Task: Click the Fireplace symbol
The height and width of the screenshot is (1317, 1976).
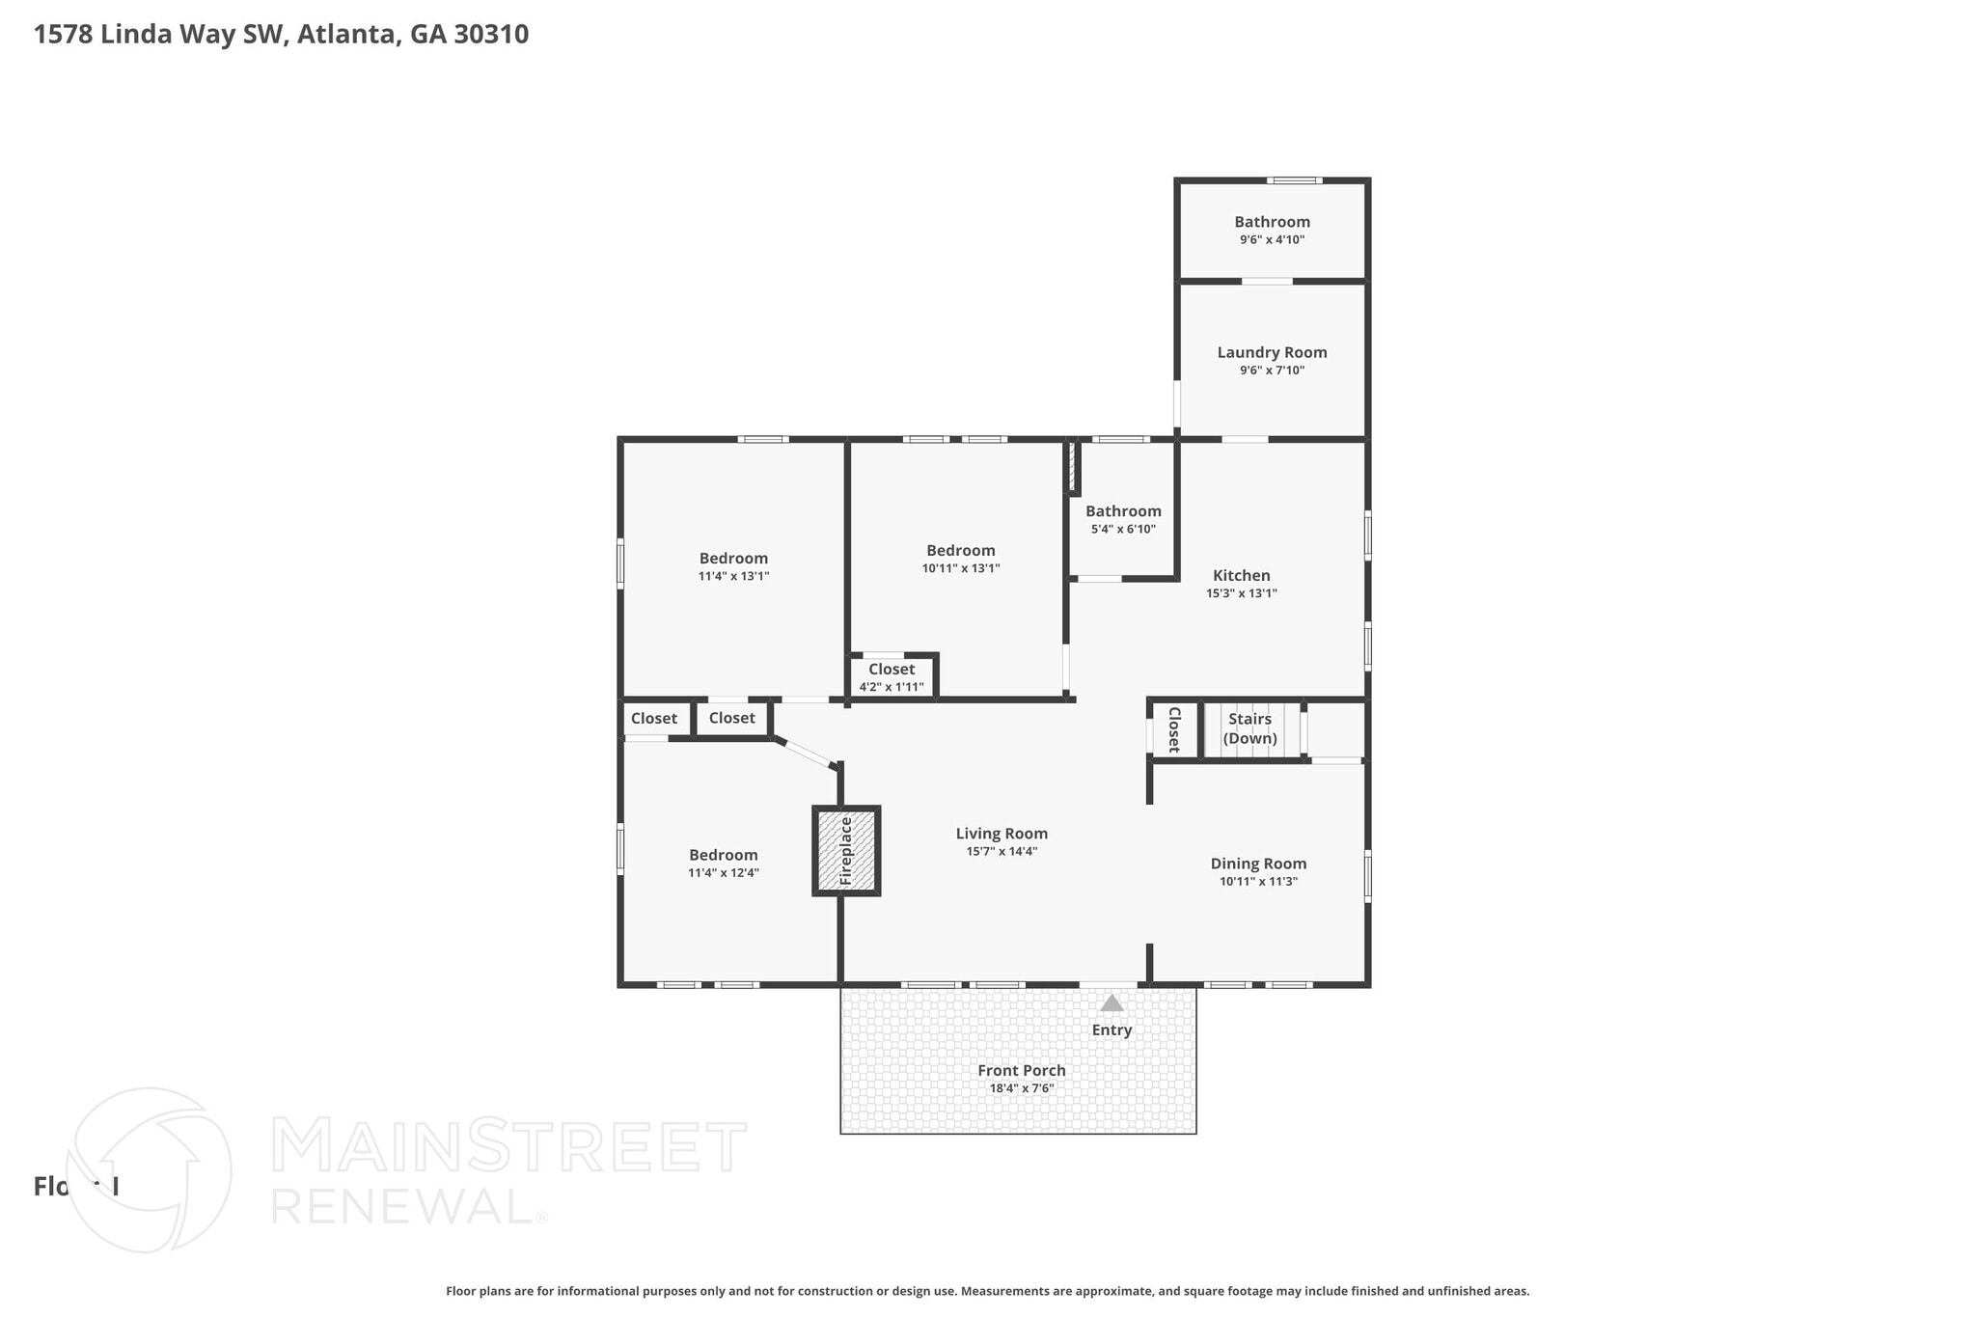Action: tap(846, 851)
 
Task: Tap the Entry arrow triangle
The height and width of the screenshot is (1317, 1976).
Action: tap(1111, 1003)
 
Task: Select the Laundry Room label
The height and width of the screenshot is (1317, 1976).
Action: tap(1272, 352)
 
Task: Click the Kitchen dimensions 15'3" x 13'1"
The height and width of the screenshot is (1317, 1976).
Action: tap(1241, 593)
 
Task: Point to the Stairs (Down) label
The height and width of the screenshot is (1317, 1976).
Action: tap(1249, 728)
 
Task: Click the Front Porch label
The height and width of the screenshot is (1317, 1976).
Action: tap(1021, 1070)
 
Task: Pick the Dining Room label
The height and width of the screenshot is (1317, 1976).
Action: tap(1258, 864)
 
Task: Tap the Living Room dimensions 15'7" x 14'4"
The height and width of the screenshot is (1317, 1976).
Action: tap(1002, 851)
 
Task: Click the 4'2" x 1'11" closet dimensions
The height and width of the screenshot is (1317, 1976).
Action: tap(892, 687)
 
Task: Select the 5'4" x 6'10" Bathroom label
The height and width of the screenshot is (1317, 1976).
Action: tap(1123, 511)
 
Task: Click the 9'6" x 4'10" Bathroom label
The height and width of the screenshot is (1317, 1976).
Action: tap(1272, 222)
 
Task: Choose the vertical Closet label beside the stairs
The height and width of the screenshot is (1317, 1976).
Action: tap(1174, 729)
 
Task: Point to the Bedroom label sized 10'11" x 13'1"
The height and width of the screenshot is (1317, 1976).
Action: tap(960, 551)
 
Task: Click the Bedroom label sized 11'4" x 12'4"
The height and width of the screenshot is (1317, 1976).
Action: tap(723, 855)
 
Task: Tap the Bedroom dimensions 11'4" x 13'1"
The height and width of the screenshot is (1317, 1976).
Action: tap(733, 576)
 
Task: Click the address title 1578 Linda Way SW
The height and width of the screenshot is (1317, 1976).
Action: tap(281, 35)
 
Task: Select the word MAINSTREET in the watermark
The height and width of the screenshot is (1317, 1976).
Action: tap(508, 1147)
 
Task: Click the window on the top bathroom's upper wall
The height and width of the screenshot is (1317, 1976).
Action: tap(1294, 180)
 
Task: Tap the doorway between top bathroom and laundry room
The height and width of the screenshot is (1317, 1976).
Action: tap(1266, 281)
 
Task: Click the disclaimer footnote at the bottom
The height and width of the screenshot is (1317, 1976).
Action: tap(987, 1291)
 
